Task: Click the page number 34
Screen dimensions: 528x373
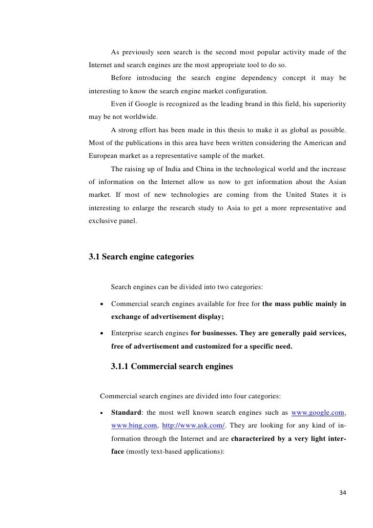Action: coord(343,493)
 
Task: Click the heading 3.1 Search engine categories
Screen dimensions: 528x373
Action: coord(141,257)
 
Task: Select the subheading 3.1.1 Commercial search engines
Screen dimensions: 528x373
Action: coord(172,367)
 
